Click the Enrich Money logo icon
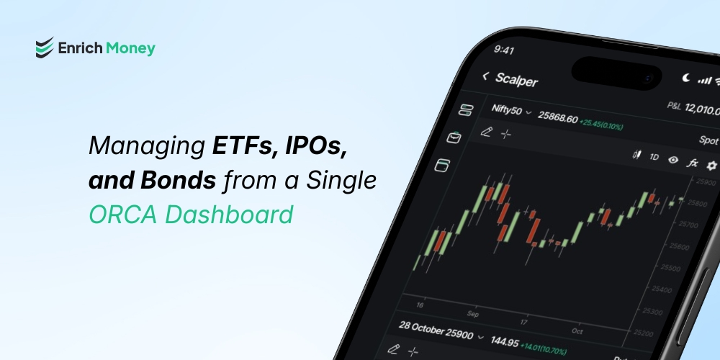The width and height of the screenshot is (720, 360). pyautogui.click(x=45, y=48)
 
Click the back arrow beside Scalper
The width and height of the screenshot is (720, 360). pyautogui.click(x=486, y=76)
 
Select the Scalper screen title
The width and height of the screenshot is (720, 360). pyautogui.click(x=516, y=79)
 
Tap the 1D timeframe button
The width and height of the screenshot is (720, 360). pyautogui.click(x=654, y=156)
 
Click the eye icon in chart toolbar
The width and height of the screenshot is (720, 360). pyautogui.click(x=673, y=160)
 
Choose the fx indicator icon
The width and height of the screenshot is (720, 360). pyautogui.click(x=693, y=163)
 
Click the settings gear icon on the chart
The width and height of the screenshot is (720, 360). pyautogui.click(x=711, y=166)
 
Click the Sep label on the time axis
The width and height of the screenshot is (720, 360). pyautogui.click(x=472, y=314)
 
